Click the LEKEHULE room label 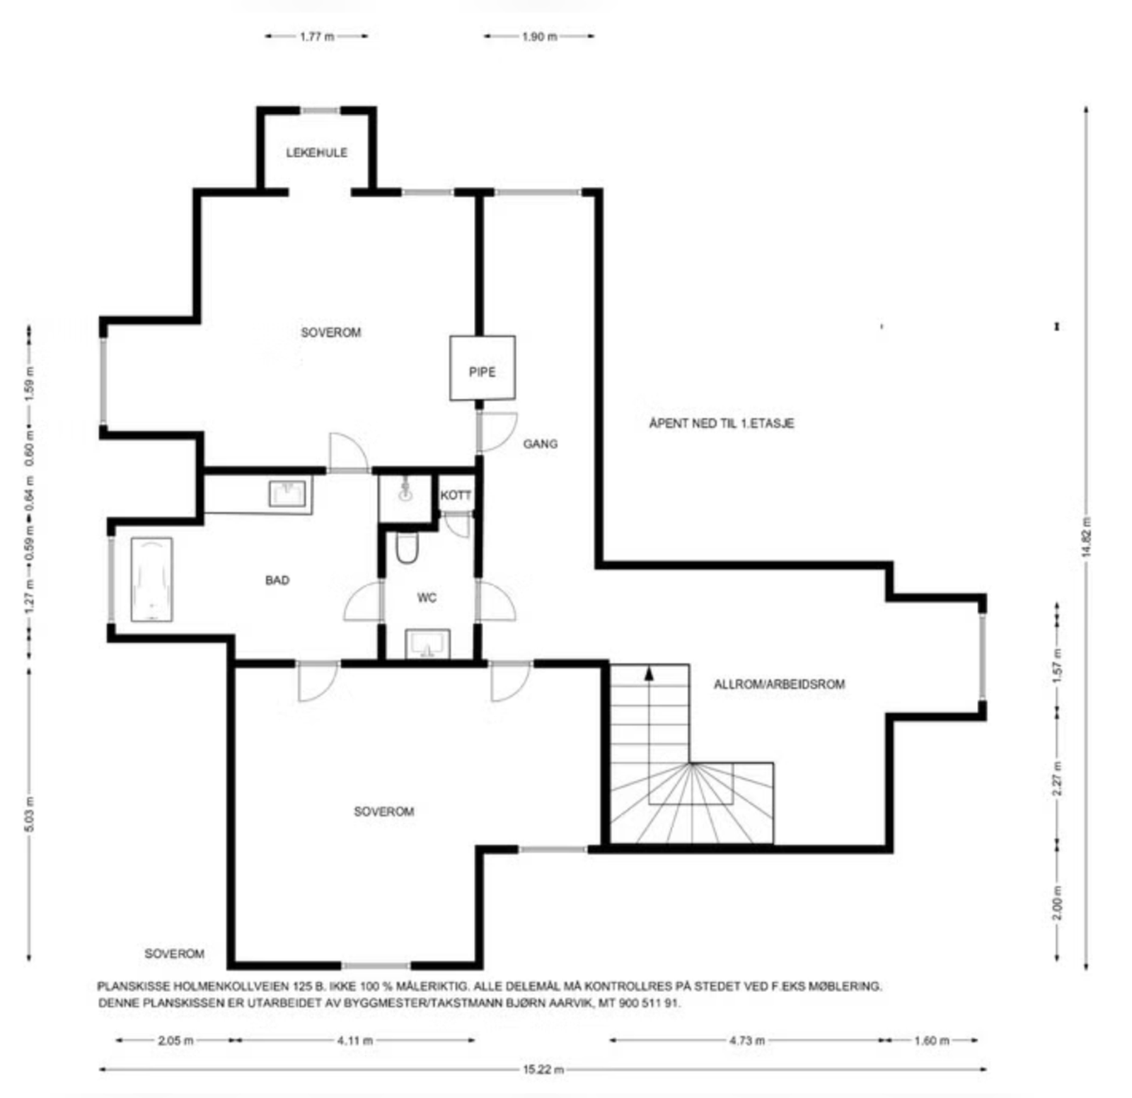click(316, 152)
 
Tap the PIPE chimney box click(483, 368)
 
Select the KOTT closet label click(456, 495)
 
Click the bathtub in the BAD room click(151, 579)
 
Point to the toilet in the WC click(407, 547)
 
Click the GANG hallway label click(541, 444)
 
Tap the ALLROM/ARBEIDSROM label click(779, 684)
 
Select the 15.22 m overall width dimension click(543, 1069)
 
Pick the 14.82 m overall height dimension click(1086, 538)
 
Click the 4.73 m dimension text click(747, 1040)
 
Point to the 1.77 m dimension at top click(317, 36)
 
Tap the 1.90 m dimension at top click(539, 36)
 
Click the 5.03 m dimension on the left click(29, 814)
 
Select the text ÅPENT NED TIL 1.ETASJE click(722, 423)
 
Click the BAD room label click(277, 580)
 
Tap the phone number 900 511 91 click(649, 1002)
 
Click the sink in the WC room click(427, 643)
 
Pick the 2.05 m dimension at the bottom click(175, 1040)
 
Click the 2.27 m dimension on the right click(1057, 778)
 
